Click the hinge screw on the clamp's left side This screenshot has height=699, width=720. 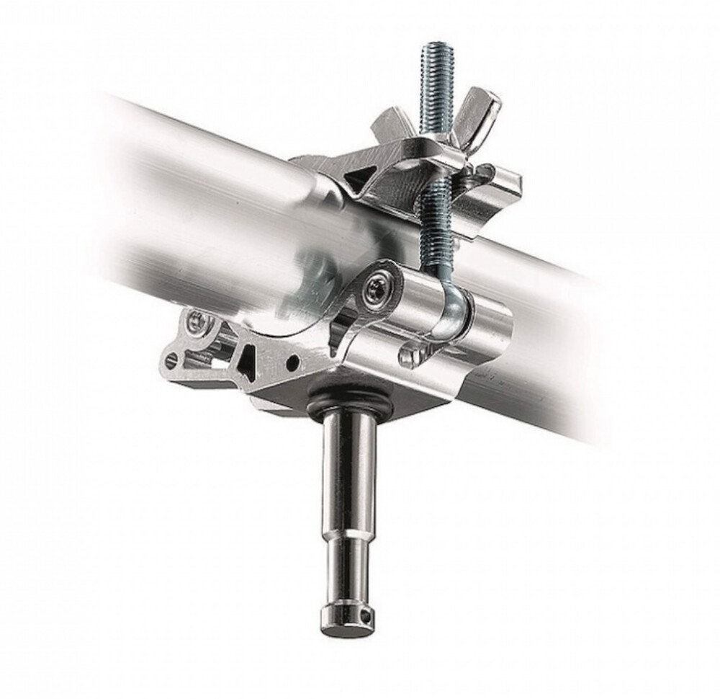tap(196, 324)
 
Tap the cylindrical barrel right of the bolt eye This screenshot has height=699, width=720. tap(490, 324)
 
